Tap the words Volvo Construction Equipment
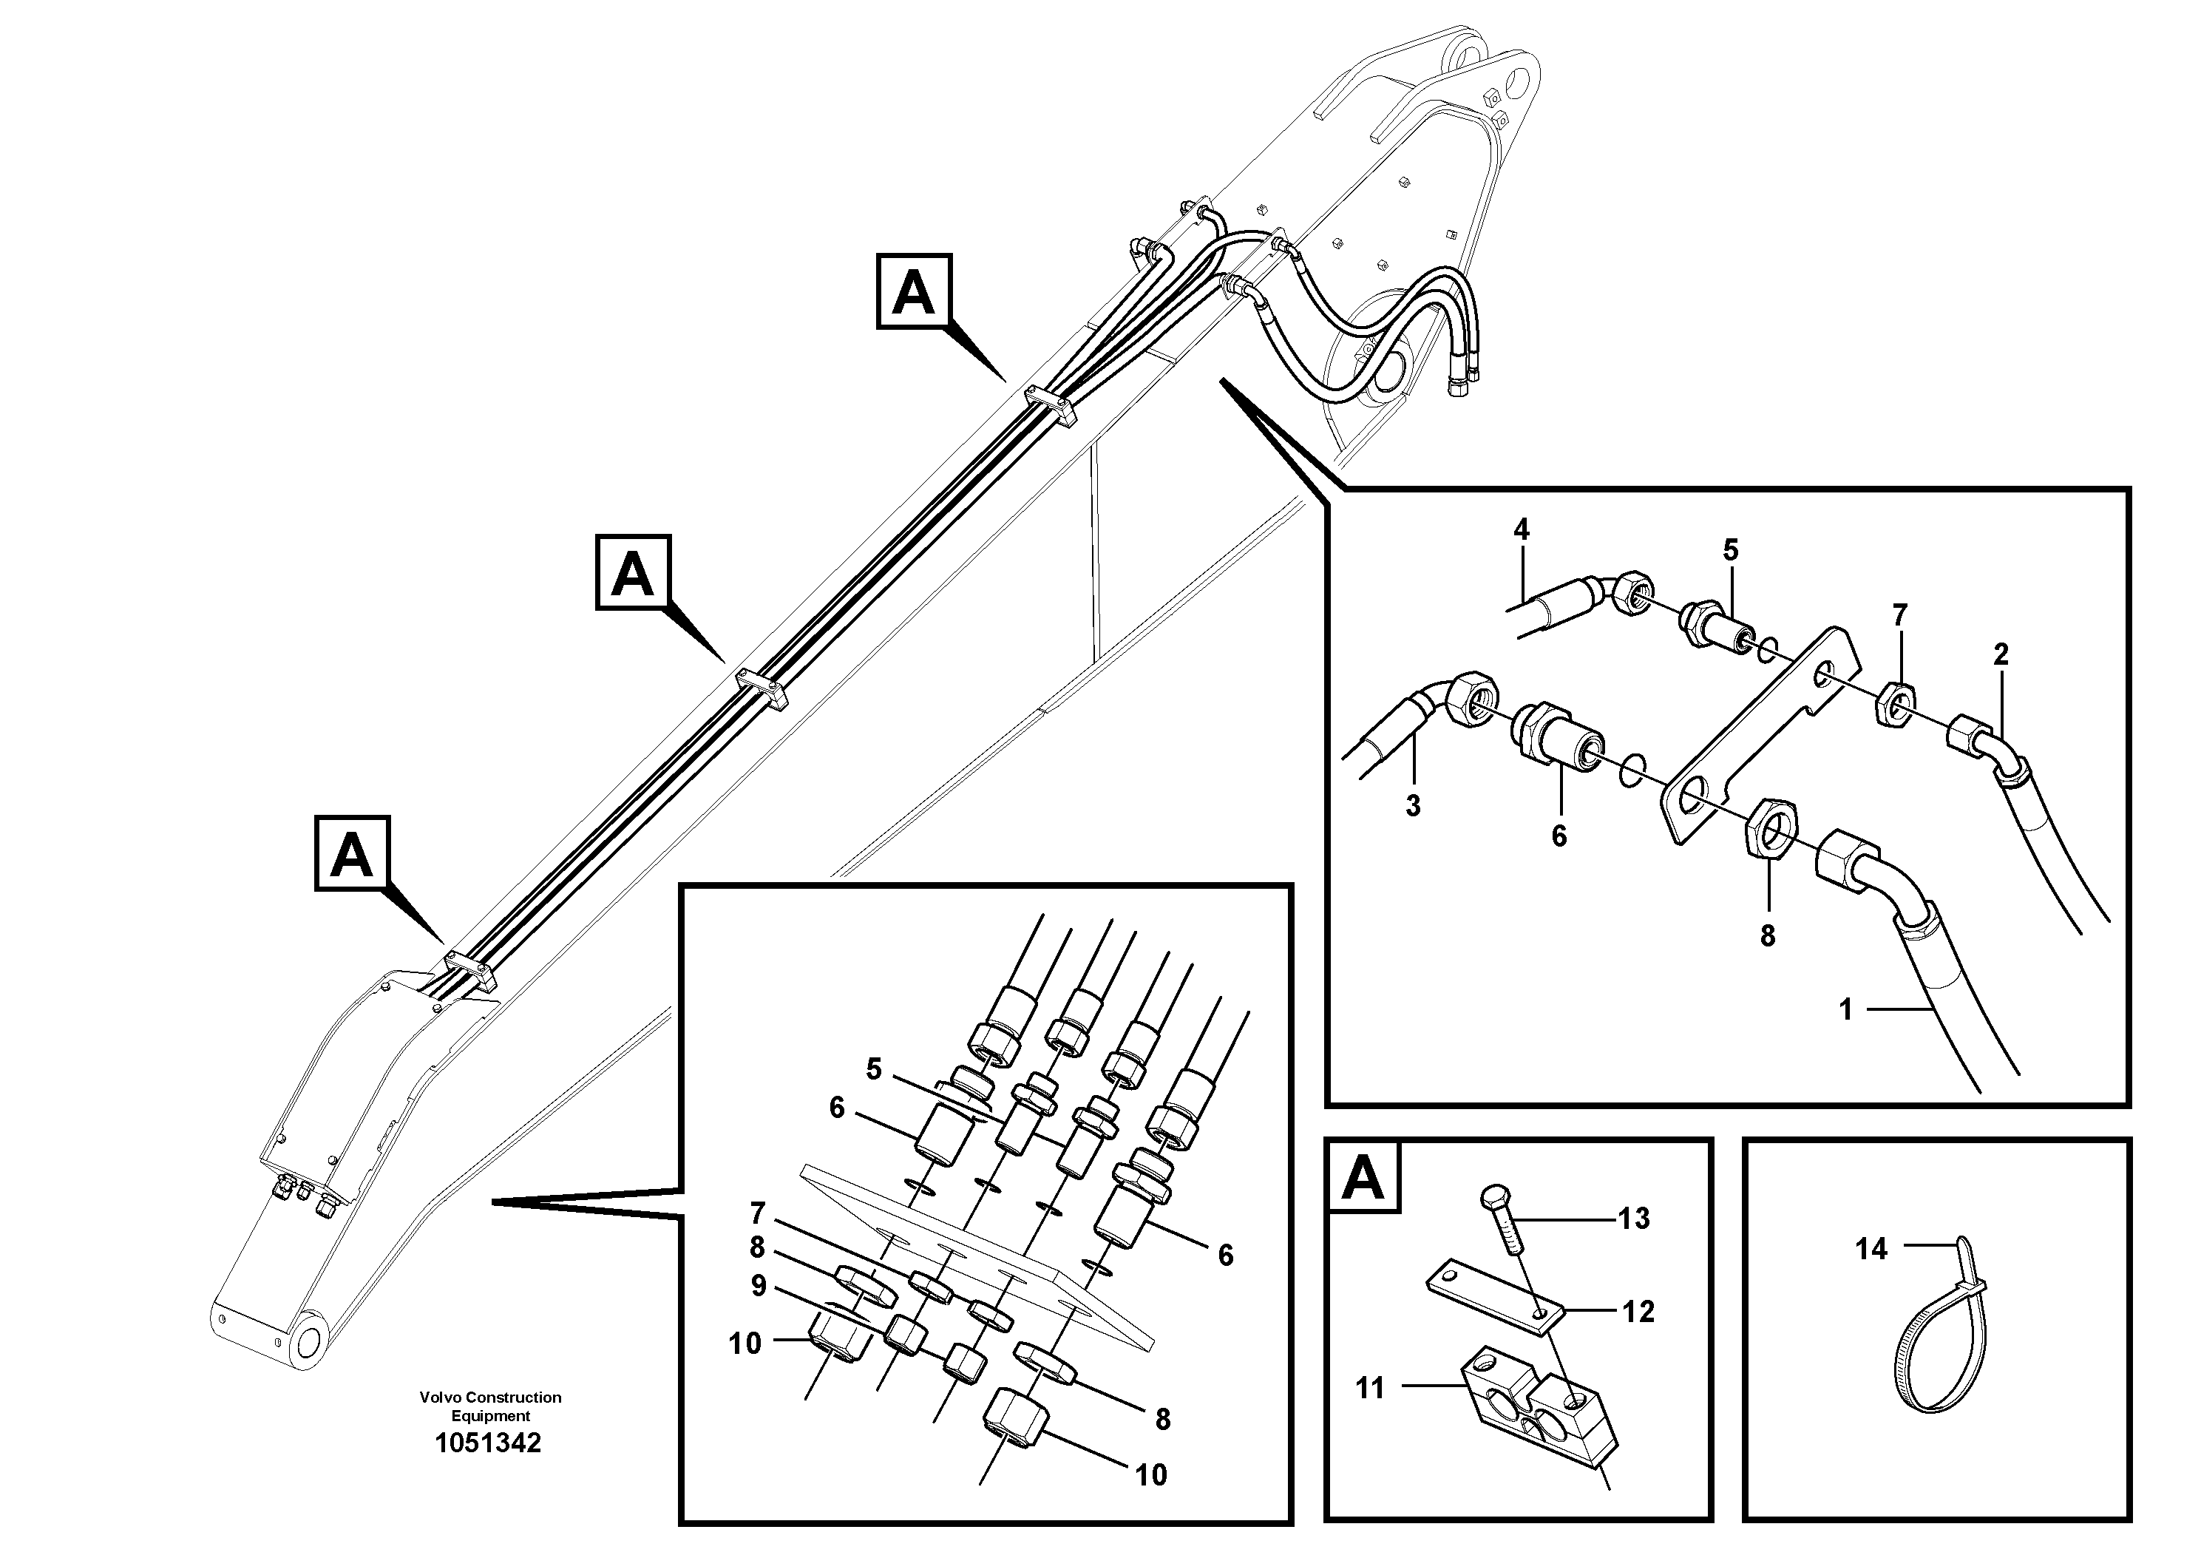coord(490,1406)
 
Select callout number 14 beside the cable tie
coord(1871,1249)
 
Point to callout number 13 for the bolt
coord(1633,1219)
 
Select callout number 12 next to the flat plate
coord(1638,1312)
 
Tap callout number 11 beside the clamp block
coord(1370,1387)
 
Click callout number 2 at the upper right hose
coord(2000,655)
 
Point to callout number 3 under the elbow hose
coord(1412,806)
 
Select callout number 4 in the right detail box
coord(1522,530)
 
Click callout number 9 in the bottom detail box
coord(759,1286)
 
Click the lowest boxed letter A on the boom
coord(352,853)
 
